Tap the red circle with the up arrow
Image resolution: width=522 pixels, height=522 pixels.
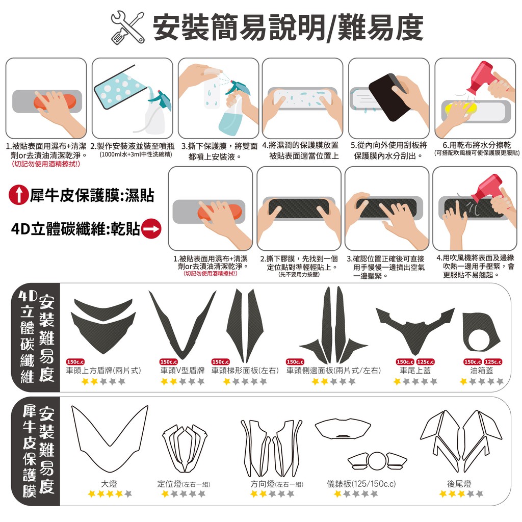tap(19, 195)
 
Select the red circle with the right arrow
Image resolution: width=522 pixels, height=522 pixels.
tap(151, 229)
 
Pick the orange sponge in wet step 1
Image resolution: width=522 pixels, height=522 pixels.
tap(55, 101)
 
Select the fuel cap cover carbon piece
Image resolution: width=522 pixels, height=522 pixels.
tap(481, 331)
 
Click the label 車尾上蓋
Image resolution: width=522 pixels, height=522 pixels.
tap(415, 370)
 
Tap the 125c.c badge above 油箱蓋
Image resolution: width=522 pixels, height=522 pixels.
tap(493, 361)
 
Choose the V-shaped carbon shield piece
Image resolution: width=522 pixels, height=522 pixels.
tap(182, 324)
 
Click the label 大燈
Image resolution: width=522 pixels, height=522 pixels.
tap(109, 484)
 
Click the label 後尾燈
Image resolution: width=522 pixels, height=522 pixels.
tap(459, 484)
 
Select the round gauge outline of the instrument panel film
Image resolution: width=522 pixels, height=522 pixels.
tap(377, 461)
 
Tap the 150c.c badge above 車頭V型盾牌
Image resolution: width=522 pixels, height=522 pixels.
tap(169, 361)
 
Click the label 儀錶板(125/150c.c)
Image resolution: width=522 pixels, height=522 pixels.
tap(361, 484)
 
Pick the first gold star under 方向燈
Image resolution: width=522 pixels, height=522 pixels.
tap(254, 493)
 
